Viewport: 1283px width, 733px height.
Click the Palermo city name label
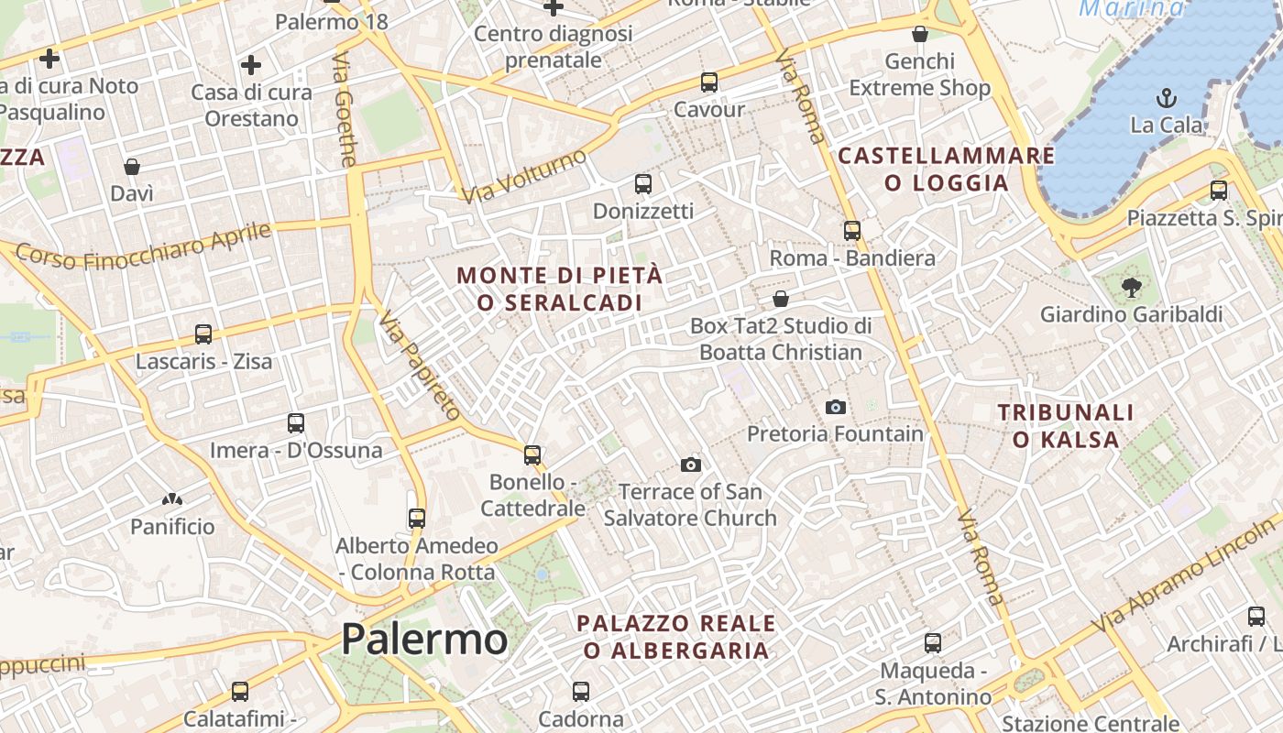424,639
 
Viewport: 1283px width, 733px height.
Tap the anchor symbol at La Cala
1167,97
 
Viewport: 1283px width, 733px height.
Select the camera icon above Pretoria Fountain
836,407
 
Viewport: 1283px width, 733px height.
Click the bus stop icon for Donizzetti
643,184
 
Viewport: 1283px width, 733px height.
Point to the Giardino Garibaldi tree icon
1132,288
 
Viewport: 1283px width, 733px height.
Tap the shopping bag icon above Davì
132,167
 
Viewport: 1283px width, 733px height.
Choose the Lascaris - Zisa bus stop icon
203,334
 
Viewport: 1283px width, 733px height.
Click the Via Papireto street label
420,365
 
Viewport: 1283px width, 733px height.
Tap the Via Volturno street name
523,176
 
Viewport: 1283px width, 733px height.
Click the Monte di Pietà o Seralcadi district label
559,289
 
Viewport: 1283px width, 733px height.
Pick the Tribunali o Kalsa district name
1066,426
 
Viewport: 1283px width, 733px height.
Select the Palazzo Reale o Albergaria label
676,637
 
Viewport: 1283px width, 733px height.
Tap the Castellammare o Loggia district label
947,170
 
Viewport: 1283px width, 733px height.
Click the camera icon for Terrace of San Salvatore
691,465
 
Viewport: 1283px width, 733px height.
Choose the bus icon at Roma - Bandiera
852,231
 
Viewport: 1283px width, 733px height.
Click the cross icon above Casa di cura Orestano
251,65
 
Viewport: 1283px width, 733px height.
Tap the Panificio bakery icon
171,499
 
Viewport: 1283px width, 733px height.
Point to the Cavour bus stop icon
708,82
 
